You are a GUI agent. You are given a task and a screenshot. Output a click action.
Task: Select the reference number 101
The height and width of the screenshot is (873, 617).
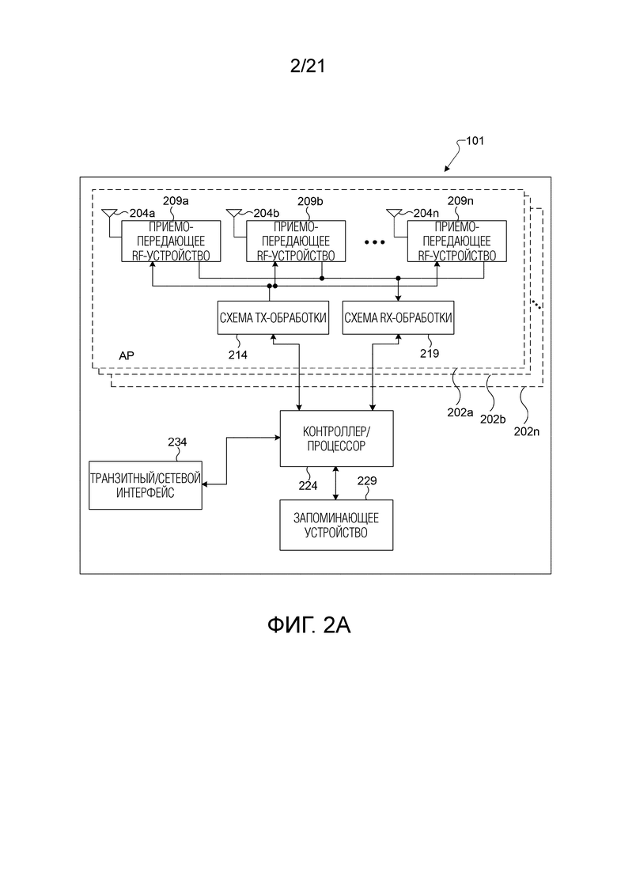click(475, 142)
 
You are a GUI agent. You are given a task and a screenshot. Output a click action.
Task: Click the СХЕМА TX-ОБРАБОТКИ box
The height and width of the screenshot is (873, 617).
click(269, 318)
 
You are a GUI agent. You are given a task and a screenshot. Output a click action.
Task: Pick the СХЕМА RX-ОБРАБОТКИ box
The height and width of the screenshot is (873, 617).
click(398, 318)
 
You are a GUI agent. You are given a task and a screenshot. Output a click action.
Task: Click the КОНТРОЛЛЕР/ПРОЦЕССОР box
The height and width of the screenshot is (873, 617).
click(337, 438)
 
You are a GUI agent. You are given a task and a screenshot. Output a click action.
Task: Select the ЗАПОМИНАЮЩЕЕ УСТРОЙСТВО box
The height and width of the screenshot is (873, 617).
click(337, 525)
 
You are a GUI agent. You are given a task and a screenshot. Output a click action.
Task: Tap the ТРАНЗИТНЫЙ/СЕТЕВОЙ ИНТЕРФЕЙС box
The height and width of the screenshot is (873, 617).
click(146, 485)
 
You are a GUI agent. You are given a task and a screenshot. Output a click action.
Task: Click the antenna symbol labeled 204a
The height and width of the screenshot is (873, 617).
click(109, 213)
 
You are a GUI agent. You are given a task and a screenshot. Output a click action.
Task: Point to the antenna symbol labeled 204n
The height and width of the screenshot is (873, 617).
click(393, 213)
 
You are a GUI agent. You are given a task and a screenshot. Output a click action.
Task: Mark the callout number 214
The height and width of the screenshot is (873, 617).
click(238, 355)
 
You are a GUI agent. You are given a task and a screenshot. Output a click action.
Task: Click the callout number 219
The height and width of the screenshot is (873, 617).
click(429, 355)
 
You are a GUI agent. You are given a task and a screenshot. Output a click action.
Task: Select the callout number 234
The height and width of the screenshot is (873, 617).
click(177, 442)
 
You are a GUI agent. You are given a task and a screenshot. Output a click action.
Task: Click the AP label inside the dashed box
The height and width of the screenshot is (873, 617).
click(127, 356)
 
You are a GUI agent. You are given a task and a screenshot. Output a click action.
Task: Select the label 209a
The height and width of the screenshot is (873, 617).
click(176, 201)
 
